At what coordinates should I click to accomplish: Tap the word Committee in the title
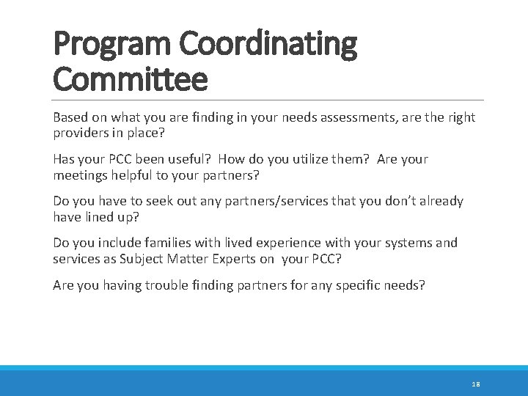(x=131, y=78)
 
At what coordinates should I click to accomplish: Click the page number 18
(x=476, y=384)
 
